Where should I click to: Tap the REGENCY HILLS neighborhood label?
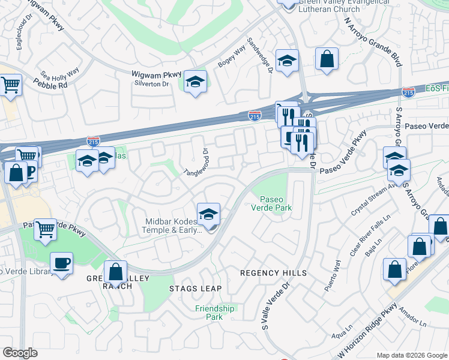click(x=273, y=273)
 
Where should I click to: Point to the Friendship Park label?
click(x=214, y=313)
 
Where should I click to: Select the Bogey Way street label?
click(x=232, y=59)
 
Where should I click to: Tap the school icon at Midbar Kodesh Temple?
click(x=208, y=214)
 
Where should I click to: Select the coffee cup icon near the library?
click(x=61, y=263)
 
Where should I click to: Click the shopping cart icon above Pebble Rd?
click(x=11, y=85)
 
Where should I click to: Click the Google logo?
click(x=21, y=352)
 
